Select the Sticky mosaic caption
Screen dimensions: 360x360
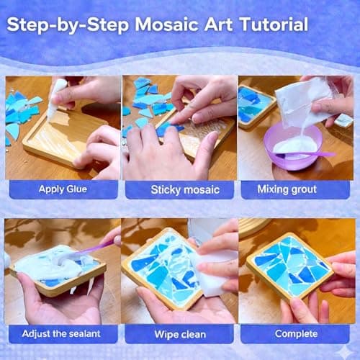click(x=180, y=190)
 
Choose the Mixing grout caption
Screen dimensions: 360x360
click(x=298, y=190)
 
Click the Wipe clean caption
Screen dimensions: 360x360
click(x=180, y=333)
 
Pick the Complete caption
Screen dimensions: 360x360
click(x=298, y=333)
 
